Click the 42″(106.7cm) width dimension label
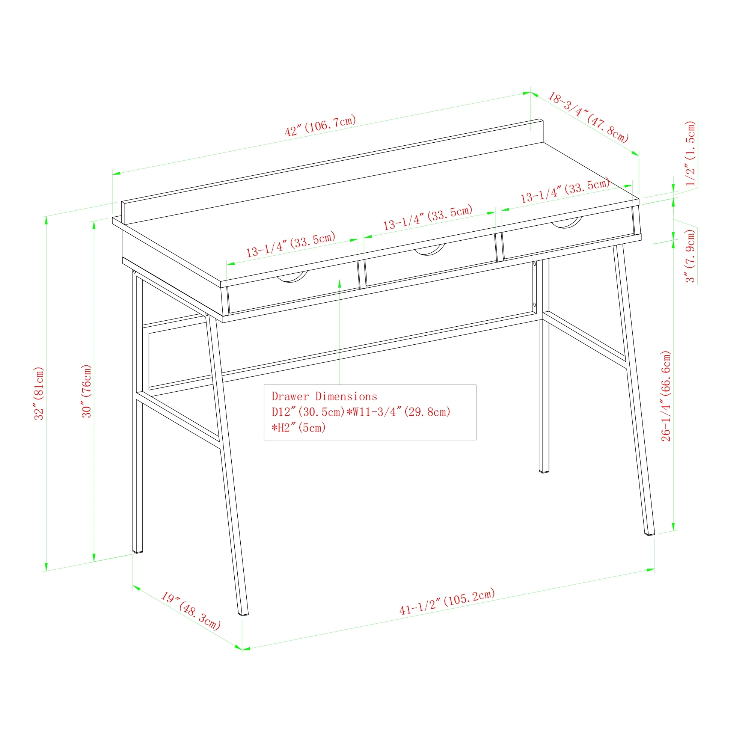click(x=320, y=125)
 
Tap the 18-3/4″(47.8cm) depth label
click(x=588, y=118)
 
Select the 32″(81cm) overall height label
click(x=39, y=393)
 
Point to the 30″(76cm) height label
click(x=86, y=391)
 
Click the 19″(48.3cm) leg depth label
click(x=191, y=611)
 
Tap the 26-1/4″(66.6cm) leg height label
click(x=666, y=396)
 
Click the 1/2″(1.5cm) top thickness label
click(x=691, y=154)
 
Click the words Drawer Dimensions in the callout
click(x=324, y=397)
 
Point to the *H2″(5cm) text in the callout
click(x=299, y=428)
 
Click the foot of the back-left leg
click(x=137, y=550)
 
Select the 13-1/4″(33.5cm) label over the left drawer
click(x=291, y=244)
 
